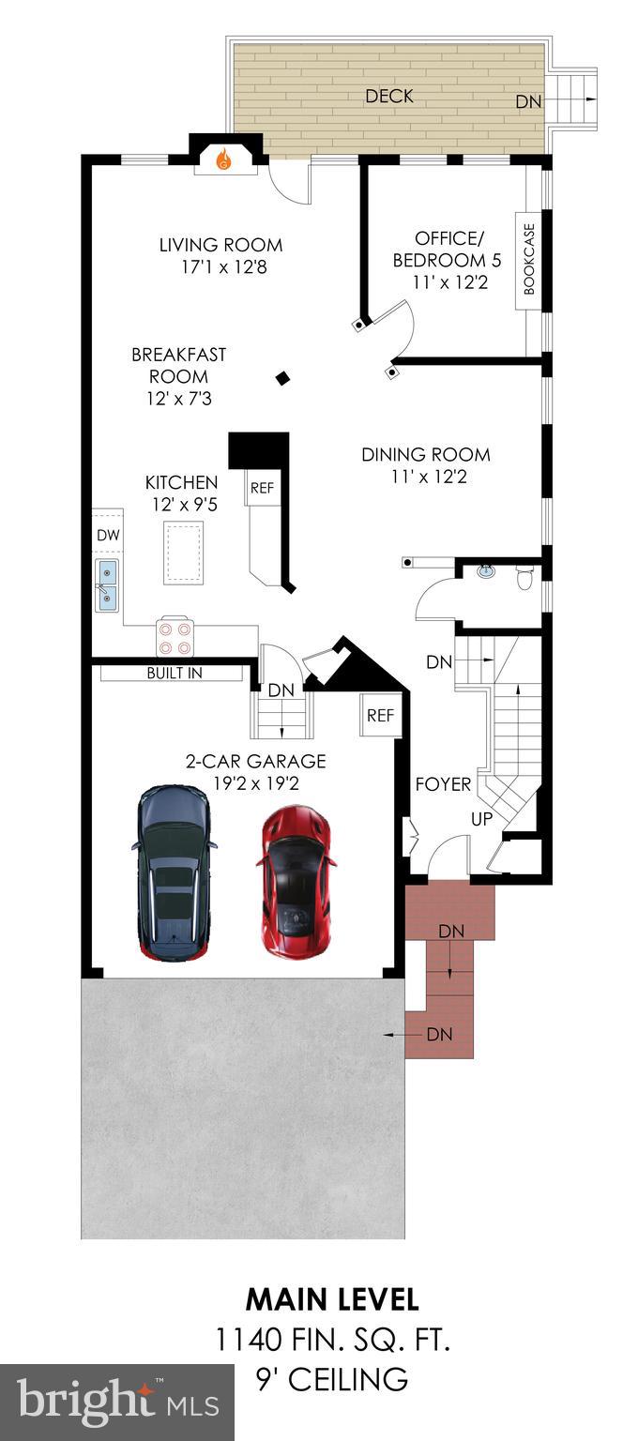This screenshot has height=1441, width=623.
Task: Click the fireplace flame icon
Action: [x=223, y=160]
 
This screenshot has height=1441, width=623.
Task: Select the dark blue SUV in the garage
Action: [x=173, y=873]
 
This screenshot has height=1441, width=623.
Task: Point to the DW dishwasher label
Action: [x=108, y=534]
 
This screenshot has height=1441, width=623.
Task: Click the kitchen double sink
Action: [x=107, y=586]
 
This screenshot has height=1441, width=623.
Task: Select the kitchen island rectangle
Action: [x=184, y=553]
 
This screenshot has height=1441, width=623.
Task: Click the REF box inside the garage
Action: [x=379, y=716]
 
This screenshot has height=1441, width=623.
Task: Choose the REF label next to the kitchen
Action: [x=262, y=488]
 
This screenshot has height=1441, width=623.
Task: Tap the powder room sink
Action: [x=486, y=570]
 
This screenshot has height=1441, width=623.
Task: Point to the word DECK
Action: [x=389, y=96]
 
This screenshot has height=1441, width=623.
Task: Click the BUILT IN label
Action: [x=175, y=674]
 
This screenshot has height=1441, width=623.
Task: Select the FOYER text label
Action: [x=443, y=784]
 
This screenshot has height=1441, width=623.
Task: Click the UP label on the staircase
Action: [x=482, y=818]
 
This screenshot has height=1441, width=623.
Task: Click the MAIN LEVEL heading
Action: [x=332, y=1299]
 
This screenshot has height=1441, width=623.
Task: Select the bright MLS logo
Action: [x=116, y=1402]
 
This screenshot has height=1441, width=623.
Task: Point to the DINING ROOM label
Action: [x=426, y=455]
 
